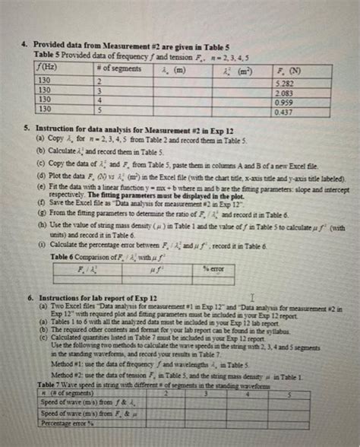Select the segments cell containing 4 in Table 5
(98, 100)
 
